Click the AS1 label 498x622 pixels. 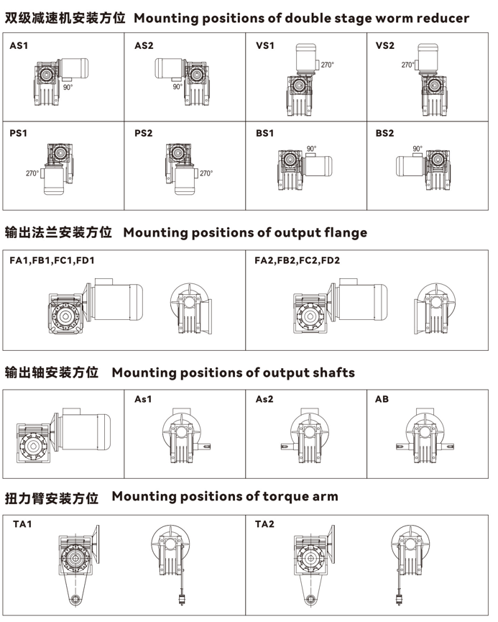(19, 46)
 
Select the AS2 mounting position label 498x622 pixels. (144, 46)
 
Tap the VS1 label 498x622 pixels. (265, 46)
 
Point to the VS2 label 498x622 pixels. (385, 46)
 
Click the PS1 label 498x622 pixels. (19, 133)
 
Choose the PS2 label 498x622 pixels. (144, 133)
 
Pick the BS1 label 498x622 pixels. (265, 133)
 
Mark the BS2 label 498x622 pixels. (385, 133)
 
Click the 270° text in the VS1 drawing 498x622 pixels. (327, 65)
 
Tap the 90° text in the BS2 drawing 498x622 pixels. (418, 149)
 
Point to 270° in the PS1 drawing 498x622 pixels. (32, 173)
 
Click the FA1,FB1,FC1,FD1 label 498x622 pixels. (52, 260)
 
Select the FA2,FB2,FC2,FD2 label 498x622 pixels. (297, 260)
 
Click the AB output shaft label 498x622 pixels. (382, 398)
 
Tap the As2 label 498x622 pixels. (264, 398)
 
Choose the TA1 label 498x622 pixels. (22, 523)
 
